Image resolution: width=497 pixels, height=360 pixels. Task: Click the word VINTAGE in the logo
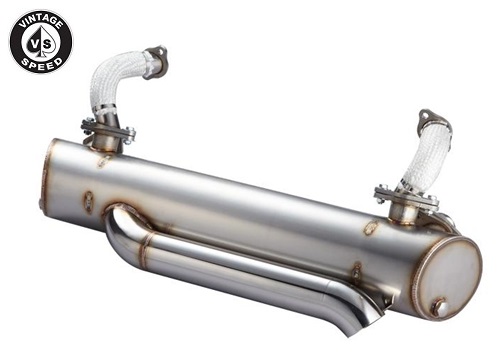[41, 21]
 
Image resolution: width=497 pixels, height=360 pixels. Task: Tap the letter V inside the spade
[35, 44]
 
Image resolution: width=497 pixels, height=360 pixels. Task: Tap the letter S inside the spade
[47, 45]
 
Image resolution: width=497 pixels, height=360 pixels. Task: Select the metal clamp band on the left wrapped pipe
[104, 109]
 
